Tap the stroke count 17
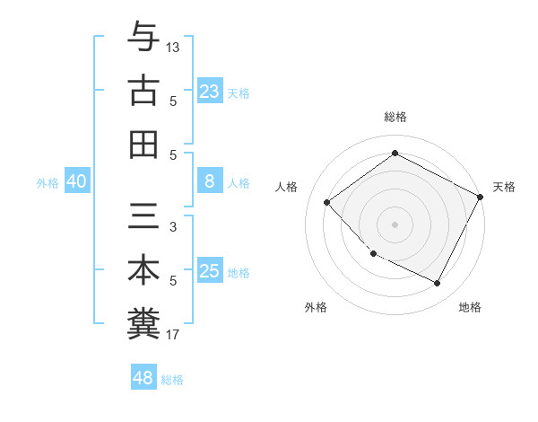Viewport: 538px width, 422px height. point(173,335)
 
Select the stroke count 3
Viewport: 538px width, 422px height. point(173,227)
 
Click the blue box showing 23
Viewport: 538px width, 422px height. point(210,92)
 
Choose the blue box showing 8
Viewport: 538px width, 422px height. point(210,182)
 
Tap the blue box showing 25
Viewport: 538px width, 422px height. point(210,272)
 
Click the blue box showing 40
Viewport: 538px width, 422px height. point(76,182)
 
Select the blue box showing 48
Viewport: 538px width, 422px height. point(143,378)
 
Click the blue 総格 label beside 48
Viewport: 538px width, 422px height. point(172,380)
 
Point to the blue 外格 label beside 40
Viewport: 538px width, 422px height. point(48,183)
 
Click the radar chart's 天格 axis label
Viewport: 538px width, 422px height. point(504,187)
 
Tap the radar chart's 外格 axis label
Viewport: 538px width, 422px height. point(316,307)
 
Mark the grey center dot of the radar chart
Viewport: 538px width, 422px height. point(395,224)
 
